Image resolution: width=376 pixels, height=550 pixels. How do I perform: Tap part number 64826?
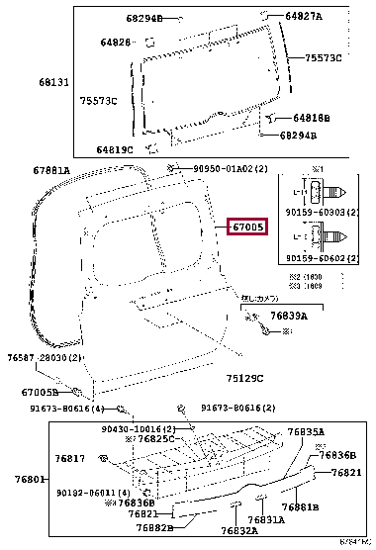point(115,43)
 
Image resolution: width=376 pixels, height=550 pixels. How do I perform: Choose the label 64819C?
point(116,149)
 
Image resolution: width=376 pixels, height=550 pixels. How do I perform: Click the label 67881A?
point(51,170)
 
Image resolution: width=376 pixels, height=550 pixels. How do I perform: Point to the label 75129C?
point(245,377)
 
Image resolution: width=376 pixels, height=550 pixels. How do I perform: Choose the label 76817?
point(69,458)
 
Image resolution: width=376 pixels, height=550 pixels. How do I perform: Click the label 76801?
point(24,479)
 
